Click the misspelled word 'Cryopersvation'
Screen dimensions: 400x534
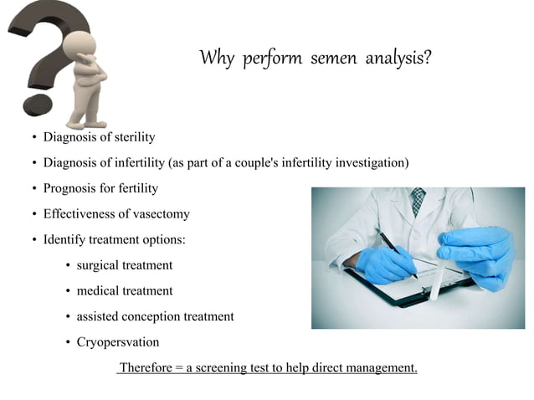pos(117,342)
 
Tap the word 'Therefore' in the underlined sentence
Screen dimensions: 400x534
pos(145,367)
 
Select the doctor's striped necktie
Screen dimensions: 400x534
pos(418,201)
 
